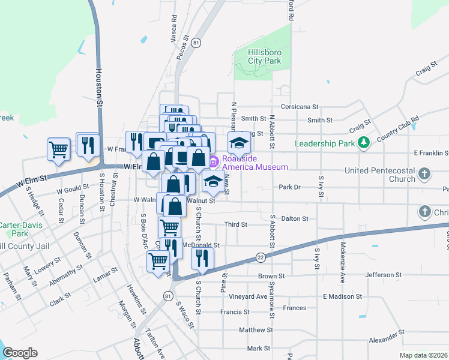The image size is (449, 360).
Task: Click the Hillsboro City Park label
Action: pyautogui.click(x=265, y=56)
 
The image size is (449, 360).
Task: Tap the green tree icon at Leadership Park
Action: pyautogui.click(x=363, y=143)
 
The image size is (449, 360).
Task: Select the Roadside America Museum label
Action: pyautogui.click(x=255, y=163)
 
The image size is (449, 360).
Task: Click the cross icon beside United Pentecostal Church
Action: pyautogui.click(x=424, y=174)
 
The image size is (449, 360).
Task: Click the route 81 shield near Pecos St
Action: pyautogui.click(x=197, y=43)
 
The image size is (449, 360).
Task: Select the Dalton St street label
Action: pyautogui.click(x=294, y=220)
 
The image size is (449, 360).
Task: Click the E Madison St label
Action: pyautogui.click(x=342, y=296)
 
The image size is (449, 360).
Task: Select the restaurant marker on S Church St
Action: pyautogui.click(x=202, y=257)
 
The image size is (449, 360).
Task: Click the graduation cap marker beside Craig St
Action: pyautogui.click(x=238, y=143)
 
